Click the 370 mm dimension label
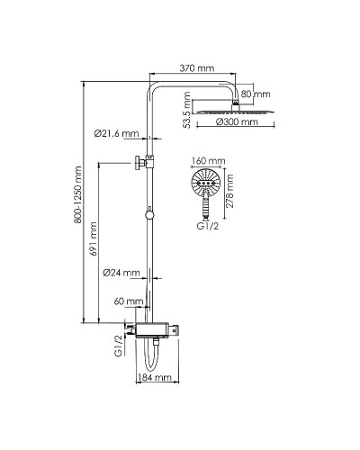click(197, 68)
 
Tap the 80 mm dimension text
click(256, 94)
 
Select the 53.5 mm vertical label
click(187, 110)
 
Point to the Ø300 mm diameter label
click(237, 121)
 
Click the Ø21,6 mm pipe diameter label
click(116, 133)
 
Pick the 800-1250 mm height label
click(77, 194)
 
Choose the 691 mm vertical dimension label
click(94, 238)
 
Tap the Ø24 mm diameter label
click(121, 273)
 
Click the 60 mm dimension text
click(129, 301)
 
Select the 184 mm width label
click(154, 377)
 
